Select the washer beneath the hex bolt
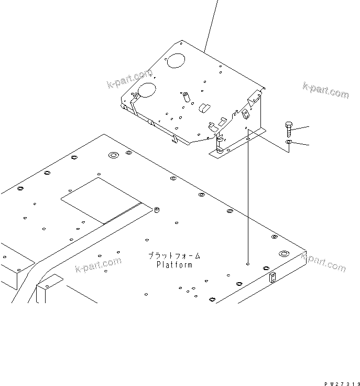click(x=289, y=142)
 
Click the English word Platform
click(x=174, y=265)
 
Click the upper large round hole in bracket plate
click(x=177, y=60)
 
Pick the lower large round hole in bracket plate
click(x=147, y=90)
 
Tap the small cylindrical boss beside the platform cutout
click(x=155, y=211)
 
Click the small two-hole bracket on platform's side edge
click(x=272, y=278)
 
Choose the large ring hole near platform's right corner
click(x=283, y=254)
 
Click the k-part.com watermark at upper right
click(x=325, y=90)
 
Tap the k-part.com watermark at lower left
click(x=98, y=264)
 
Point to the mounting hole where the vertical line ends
click(x=248, y=264)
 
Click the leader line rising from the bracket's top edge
click(x=211, y=26)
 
